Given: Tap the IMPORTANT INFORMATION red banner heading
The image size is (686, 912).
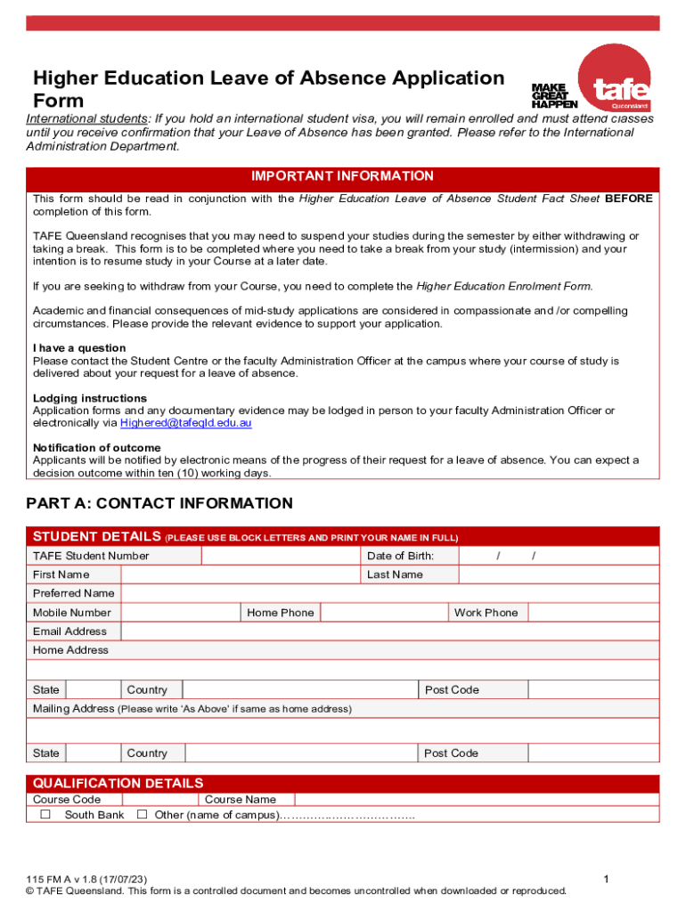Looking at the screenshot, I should (343, 176).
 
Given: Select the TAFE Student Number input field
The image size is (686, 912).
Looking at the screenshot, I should (281, 556).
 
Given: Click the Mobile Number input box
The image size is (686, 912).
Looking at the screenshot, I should (179, 613).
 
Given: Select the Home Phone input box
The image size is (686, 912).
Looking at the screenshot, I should (383, 613).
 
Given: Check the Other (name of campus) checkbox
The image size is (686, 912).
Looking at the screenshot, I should (142, 815).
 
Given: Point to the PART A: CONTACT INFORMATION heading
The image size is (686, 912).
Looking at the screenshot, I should (159, 504).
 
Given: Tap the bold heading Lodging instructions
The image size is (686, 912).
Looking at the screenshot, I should (90, 398).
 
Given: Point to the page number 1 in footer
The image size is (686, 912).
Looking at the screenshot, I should (605, 880).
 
